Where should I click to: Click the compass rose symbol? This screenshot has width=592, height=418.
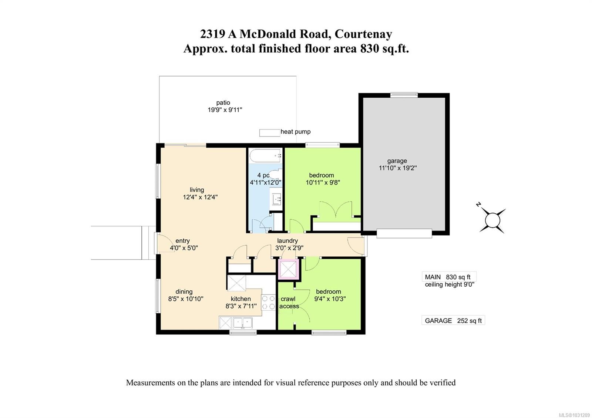pyautogui.click(x=492, y=221)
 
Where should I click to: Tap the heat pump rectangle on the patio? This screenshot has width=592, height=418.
pyautogui.click(x=269, y=132)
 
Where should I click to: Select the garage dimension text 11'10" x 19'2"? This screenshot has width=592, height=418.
pyautogui.click(x=397, y=168)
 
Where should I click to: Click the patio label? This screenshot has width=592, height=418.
pyautogui.click(x=223, y=102)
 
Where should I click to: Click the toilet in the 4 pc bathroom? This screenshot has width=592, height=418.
pyautogui.click(x=276, y=175)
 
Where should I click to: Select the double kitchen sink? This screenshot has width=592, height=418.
pyautogui.click(x=242, y=323)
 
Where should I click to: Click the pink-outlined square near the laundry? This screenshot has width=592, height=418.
pyautogui.click(x=289, y=269)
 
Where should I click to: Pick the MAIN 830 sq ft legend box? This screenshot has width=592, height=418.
pyautogui.click(x=448, y=277)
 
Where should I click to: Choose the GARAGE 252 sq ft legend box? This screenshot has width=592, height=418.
pyautogui.click(x=453, y=321)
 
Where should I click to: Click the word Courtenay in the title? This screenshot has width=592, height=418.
pyautogui.click(x=363, y=34)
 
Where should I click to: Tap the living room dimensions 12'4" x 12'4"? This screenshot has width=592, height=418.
pyautogui.click(x=200, y=197)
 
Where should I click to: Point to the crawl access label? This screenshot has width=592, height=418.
pyautogui.click(x=289, y=302)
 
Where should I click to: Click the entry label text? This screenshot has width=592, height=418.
pyautogui.click(x=182, y=241)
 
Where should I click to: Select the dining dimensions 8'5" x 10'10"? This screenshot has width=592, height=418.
pyautogui.click(x=186, y=299)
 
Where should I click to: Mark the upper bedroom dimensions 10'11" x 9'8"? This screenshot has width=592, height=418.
pyautogui.click(x=323, y=182)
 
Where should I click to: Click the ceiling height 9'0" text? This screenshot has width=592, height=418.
pyautogui.click(x=449, y=284)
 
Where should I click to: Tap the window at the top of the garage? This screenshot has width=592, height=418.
pyautogui.click(x=404, y=95)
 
